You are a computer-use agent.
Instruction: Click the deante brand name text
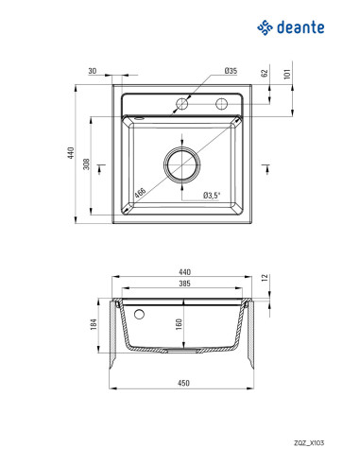tap(300, 27)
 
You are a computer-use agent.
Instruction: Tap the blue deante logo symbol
tap(265, 27)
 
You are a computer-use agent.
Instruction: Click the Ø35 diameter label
tap(231, 71)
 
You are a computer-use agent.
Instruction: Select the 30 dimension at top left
tap(93, 71)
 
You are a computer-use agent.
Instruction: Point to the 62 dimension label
tap(265, 73)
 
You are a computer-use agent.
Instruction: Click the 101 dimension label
tap(287, 74)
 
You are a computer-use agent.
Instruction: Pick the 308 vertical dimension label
tap(86, 164)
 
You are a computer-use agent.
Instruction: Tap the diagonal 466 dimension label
tap(140, 193)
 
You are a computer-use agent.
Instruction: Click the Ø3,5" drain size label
tap(212, 196)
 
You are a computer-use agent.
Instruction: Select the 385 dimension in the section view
tap(184, 284)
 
